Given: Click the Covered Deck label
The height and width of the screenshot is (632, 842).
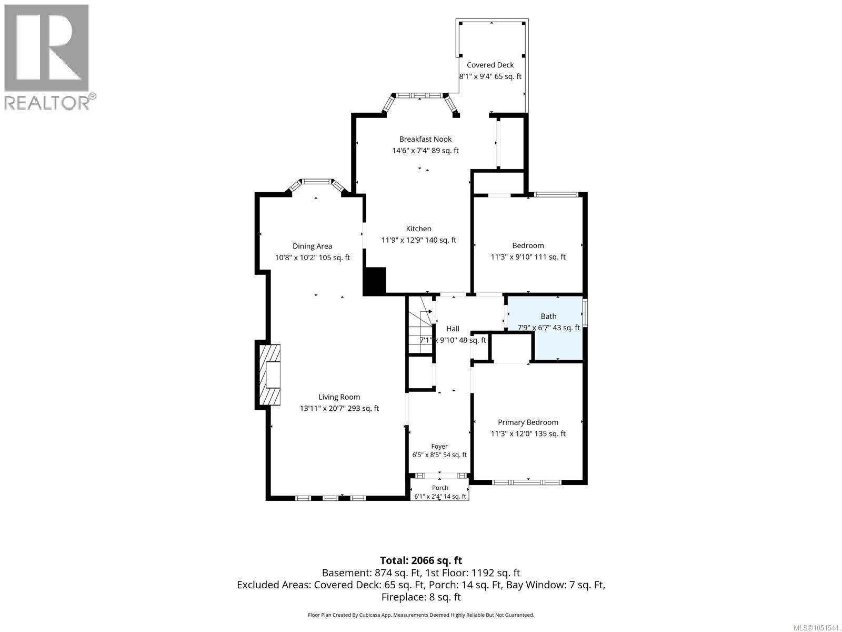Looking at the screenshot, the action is [x=490, y=65].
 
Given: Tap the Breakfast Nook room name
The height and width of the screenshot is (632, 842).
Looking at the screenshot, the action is [x=425, y=139].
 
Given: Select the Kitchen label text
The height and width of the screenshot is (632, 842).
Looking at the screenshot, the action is [x=418, y=229].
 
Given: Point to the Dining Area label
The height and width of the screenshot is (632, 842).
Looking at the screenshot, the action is [x=312, y=246].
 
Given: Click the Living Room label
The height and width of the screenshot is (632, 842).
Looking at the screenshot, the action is [x=339, y=397].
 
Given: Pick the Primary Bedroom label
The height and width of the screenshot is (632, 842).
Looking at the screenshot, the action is [x=528, y=422].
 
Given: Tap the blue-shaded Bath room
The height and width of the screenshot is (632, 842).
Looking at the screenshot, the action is [x=545, y=328].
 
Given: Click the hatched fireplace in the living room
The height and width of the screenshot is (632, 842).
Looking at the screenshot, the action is [x=270, y=374].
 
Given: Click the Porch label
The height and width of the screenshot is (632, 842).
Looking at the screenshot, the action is [x=440, y=488].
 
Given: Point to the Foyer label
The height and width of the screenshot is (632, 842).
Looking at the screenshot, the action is [x=439, y=447].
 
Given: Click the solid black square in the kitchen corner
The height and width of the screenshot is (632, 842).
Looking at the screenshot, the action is [x=374, y=281].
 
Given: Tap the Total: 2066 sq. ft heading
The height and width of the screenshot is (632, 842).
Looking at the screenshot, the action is [x=421, y=560].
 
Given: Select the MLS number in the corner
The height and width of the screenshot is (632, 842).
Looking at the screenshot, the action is [x=816, y=628].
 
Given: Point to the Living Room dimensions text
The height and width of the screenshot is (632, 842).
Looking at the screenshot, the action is [x=339, y=409].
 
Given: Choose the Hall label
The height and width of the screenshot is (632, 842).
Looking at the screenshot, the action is [x=453, y=329].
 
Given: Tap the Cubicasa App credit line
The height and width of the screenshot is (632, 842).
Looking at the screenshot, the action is [x=421, y=615].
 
